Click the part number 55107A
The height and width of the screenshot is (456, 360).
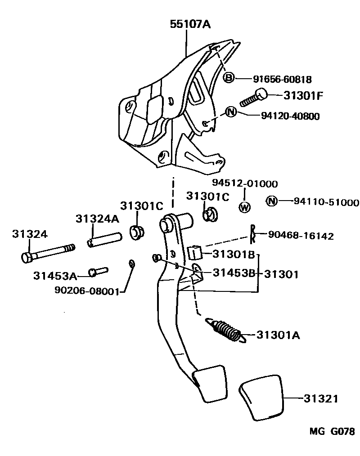[190, 24]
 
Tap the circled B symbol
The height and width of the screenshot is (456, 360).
[229, 78]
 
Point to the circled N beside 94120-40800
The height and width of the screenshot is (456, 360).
[231, 112]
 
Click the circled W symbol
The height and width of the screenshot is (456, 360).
[244, 207]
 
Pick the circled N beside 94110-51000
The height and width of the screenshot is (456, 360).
[271, 201]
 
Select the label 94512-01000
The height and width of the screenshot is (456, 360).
[245, 184]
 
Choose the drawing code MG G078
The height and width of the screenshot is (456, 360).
[332, 432]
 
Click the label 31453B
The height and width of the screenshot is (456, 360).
[230, 273]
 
